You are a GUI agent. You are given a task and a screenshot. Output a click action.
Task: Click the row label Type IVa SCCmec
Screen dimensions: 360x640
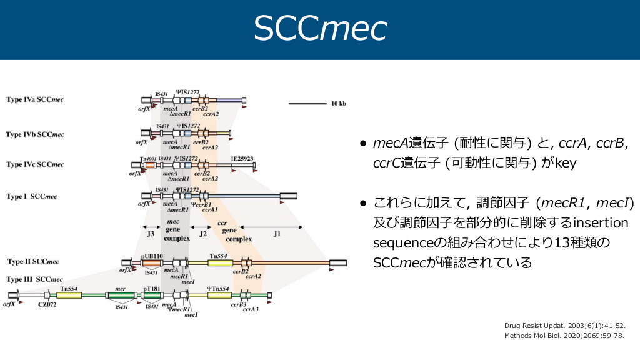35,99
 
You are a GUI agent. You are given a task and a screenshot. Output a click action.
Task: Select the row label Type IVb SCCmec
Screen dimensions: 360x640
35,134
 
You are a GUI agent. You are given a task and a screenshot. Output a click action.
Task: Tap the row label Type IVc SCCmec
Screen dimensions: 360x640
35,164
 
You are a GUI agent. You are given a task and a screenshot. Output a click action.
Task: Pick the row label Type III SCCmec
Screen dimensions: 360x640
34,279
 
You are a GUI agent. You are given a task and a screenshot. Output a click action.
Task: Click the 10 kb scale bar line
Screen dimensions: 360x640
307,102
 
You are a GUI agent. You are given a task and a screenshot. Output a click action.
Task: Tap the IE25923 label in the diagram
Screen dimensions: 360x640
242,159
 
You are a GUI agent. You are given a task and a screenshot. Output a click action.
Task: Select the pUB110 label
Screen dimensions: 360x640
152,256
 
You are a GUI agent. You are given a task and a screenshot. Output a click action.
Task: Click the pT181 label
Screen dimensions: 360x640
152,289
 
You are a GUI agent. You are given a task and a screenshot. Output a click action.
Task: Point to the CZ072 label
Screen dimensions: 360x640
47,304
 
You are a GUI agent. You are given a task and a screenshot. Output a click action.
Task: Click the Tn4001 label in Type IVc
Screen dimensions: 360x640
147,159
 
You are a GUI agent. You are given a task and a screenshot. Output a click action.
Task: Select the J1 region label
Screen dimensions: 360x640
276,234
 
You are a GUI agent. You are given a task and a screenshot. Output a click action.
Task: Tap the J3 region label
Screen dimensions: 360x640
151,234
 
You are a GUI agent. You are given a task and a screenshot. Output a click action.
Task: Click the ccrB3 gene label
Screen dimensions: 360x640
237,304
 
